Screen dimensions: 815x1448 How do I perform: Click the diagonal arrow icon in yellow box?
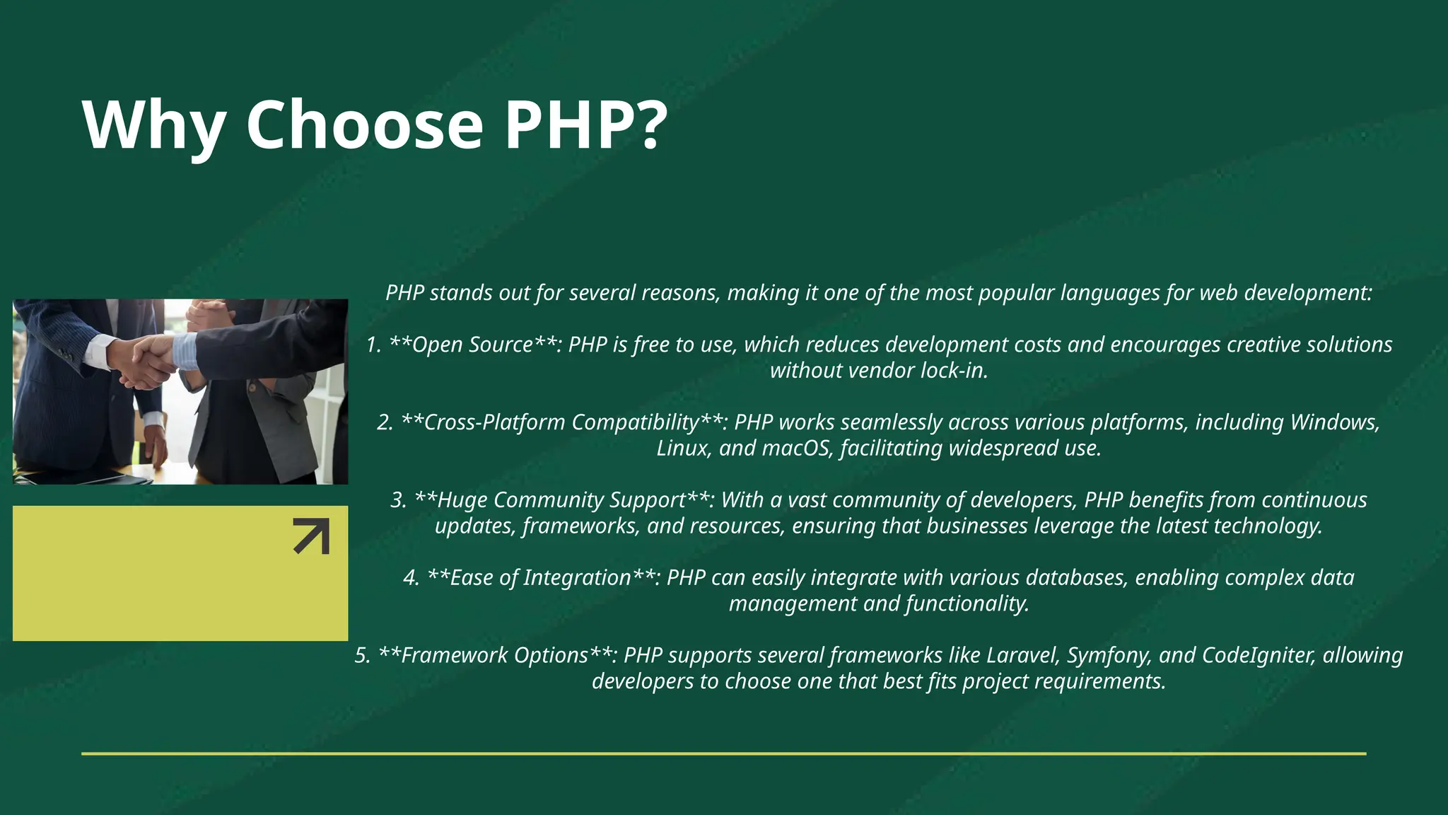[x=311, y=536]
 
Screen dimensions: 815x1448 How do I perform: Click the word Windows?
[x=1334, y=422]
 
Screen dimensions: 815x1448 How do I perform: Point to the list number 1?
[x=373, y=345]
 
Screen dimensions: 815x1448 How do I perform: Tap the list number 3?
[x=398, y=500]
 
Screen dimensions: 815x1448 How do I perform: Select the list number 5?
[x=362, y=655]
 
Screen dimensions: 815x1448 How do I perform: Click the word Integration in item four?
[x=576, y=578]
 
